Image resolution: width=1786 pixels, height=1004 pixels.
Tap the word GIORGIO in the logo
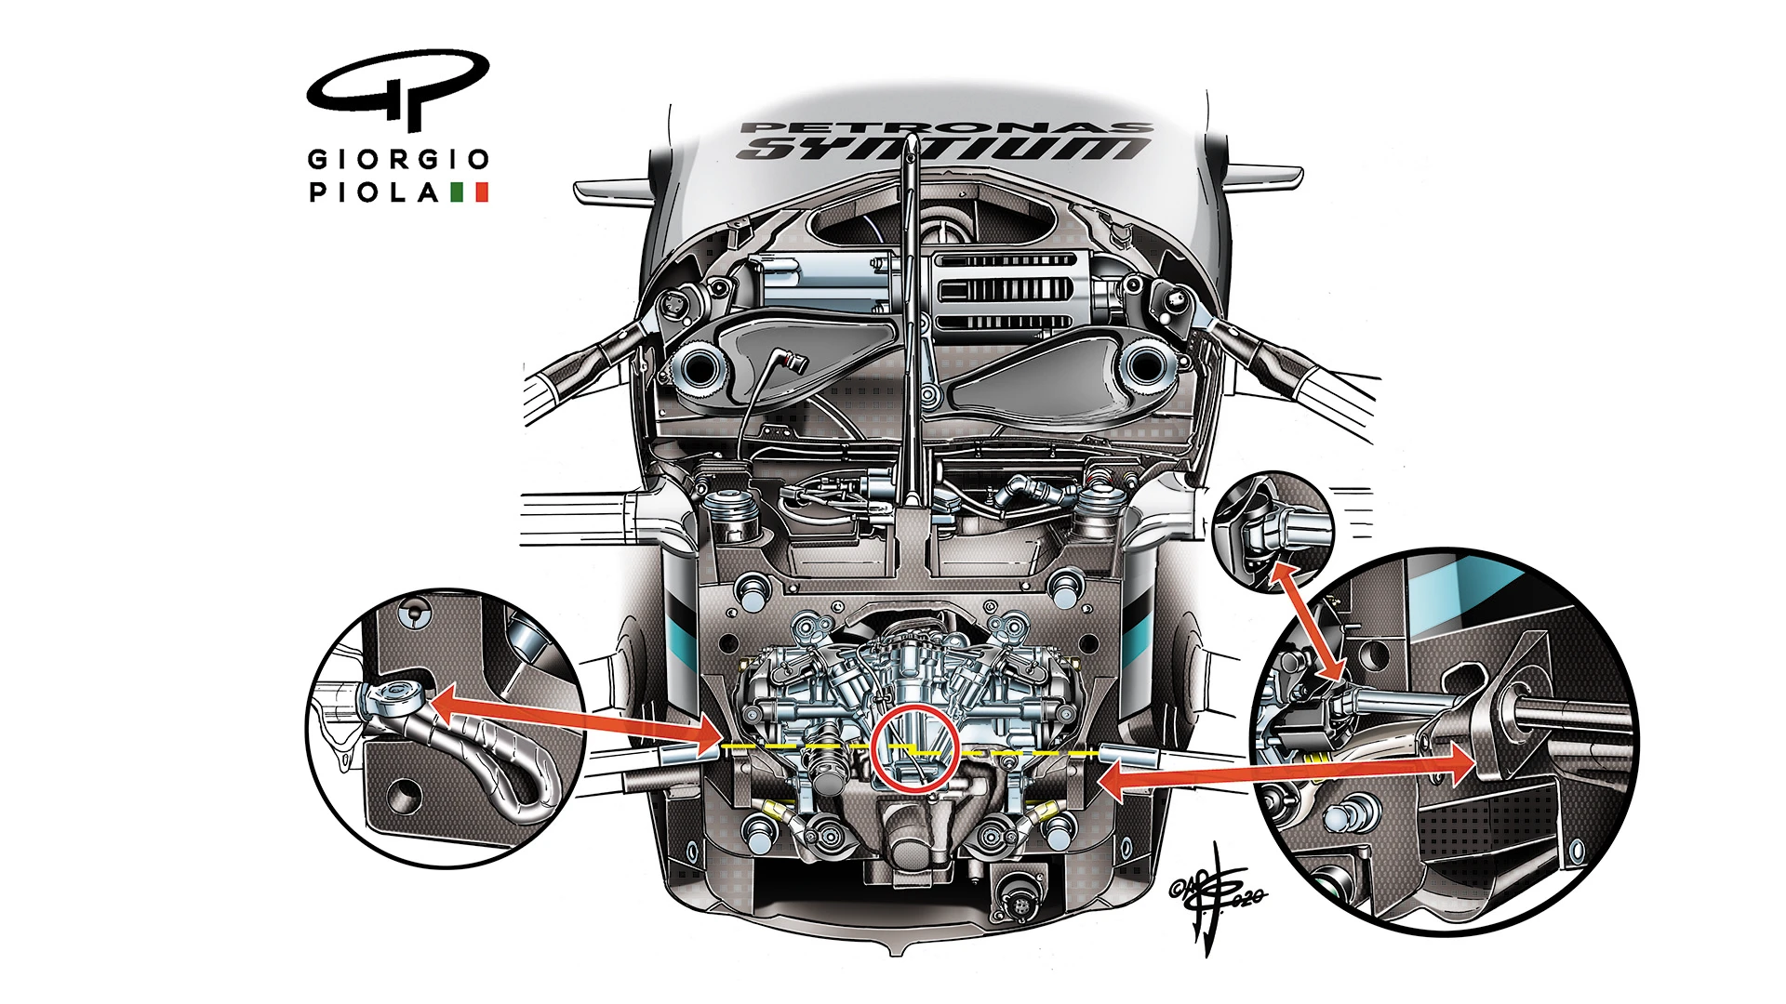398,159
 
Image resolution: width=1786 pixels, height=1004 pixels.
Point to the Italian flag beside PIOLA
469,192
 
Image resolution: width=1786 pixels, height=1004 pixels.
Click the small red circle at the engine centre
915,748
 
